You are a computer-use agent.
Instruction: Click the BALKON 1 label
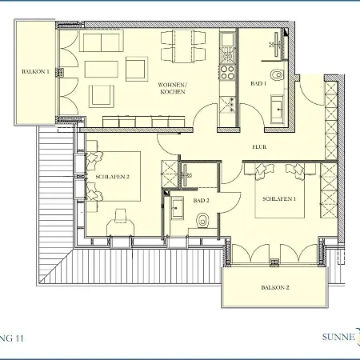click(x=35, y=71)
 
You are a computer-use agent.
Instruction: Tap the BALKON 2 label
click(x=275, y=287)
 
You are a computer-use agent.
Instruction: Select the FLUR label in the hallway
click(x=259, y=147)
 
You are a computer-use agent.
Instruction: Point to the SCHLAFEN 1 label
click(x=279, y=198)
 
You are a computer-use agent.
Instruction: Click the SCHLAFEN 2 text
click(x=112, y=177)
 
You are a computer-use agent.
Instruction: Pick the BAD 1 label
click(x=258, y=83)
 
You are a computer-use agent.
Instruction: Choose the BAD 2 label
click(x=201, y=200)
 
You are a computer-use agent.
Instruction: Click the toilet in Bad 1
click(x=277, y=75)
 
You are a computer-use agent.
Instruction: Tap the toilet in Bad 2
click(x=203, y=221)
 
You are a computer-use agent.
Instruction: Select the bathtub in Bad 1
click(x=278, y=110)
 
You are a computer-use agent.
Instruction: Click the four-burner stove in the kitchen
click(x=227, y=73)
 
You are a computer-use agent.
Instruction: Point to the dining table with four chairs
click(x=183, y=46)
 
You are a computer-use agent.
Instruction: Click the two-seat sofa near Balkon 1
click(x=102, y=41)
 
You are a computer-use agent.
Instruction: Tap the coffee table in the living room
click(x=102, y=69)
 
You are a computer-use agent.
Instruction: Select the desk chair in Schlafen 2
click(x=120, y=215)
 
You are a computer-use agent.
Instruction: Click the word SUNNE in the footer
click(x=338, y=337)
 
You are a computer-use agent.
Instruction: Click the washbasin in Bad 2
click(x=177, y=208)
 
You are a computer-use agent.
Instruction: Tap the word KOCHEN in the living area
click(x=173, y=92)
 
